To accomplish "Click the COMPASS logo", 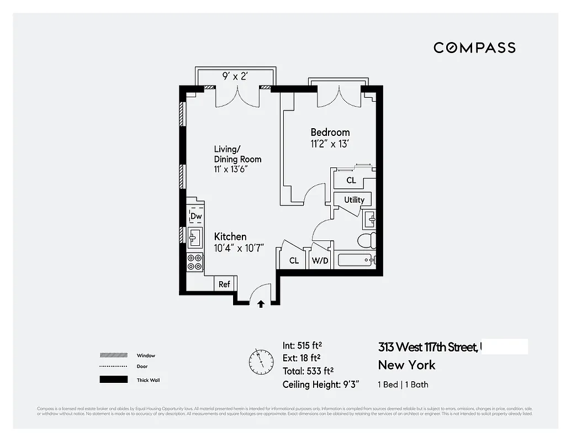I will tap(474, 48).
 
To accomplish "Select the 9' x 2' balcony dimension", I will tap(235, 77).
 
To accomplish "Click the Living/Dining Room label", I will tap(237, 159).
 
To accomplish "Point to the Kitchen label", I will tap(230, 236).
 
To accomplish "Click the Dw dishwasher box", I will tap(196, 216).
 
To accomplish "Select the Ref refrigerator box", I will tap(224, 284).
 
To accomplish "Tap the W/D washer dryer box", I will tap(321, 260).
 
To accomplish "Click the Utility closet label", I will tap(354, 199).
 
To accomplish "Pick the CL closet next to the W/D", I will tap(294, 260).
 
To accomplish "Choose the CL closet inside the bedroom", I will tap(351, 181).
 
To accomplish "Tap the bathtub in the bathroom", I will tap(357, 260).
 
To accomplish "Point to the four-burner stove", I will tap(195, 262).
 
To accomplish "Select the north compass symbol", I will tap(261, 362).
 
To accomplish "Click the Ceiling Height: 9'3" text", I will tap(318, 385).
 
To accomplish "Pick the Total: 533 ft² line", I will tap(308, 371).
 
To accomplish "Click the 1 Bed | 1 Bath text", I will tap(403, 385).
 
